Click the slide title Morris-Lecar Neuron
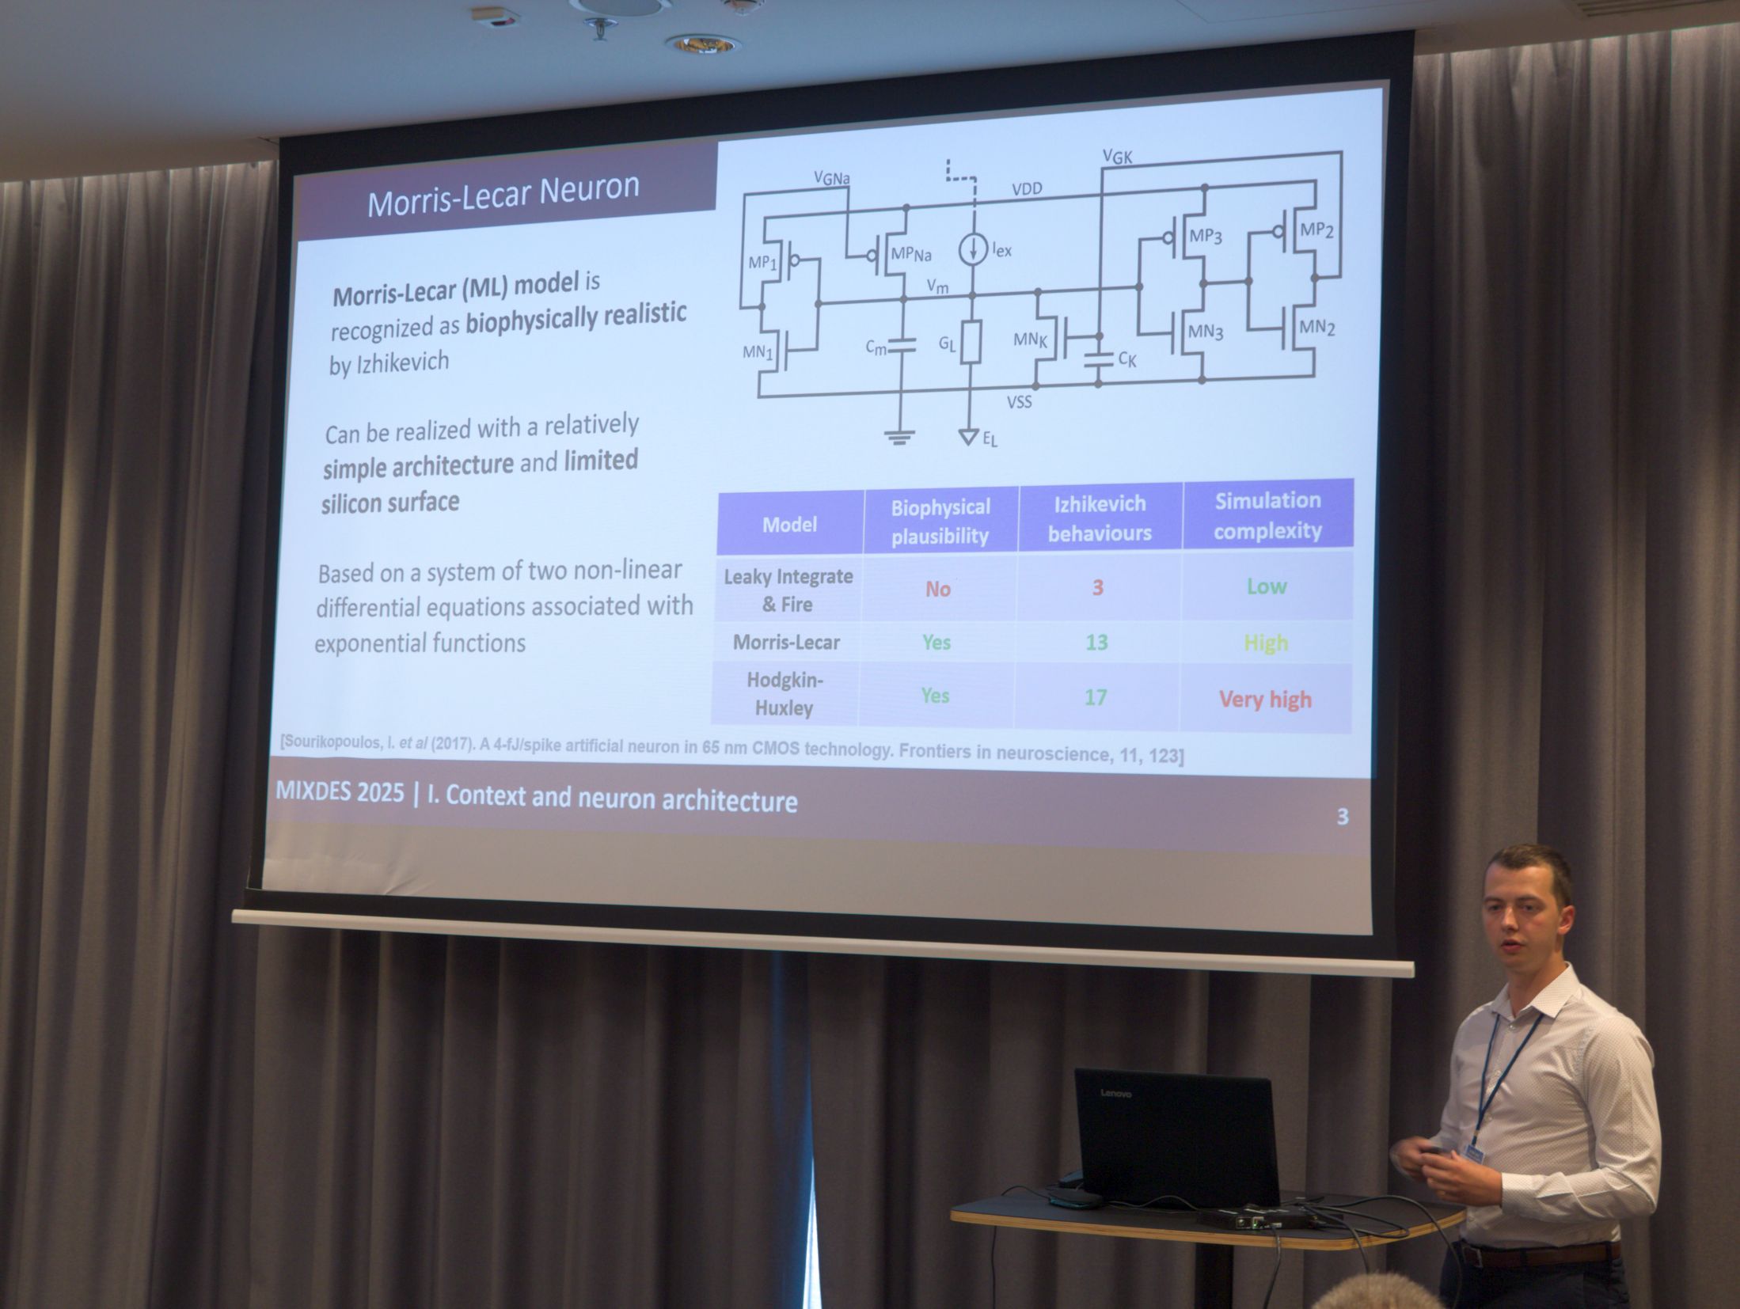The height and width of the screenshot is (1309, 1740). click(503, 195)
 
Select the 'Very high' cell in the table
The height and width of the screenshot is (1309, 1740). click(1265, 700)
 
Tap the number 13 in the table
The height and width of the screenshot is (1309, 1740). click(1096, 642)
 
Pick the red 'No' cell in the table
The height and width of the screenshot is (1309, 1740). click(938, 589)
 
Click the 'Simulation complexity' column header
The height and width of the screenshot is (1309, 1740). click(1267, 515)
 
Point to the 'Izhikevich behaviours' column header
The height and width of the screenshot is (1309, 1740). click(1100, 518)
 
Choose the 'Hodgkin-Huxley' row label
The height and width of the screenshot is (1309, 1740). click(785, 693)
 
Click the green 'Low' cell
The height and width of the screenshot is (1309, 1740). click(1267, 586)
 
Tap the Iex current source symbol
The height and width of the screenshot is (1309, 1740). click(973, 249)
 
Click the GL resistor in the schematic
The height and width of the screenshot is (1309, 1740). click(971, 343)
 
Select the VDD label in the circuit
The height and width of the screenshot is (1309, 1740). click(1027, 189)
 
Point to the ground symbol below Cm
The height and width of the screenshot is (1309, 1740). click(899, 437)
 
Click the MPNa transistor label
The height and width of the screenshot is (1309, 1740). click(911, 254)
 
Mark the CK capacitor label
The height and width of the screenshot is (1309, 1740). click(1127, 359)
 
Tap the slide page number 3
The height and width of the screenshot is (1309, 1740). click(1343, 817)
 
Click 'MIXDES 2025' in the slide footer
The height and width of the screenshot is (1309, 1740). click(340, 791)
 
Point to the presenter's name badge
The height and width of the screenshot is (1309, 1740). click(1475, 1158)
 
